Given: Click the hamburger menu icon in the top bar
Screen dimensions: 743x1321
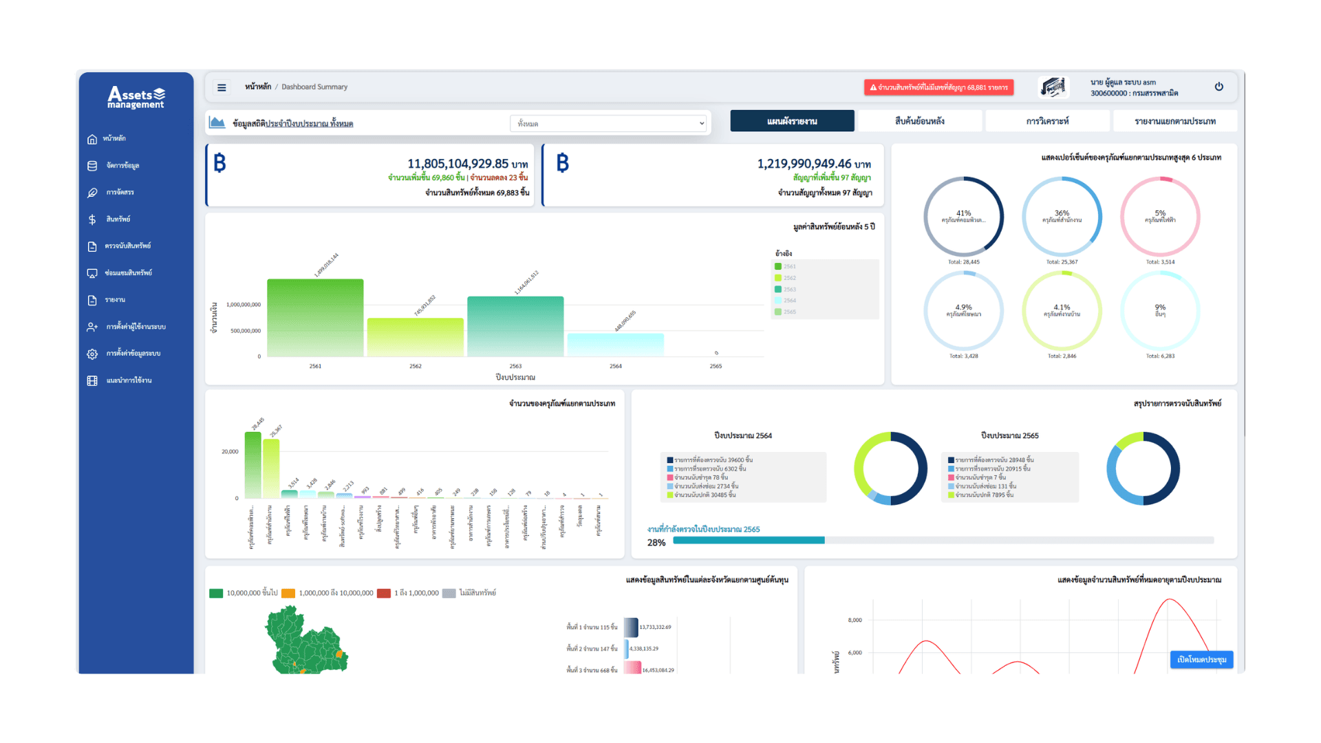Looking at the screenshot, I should (x=222, y=87).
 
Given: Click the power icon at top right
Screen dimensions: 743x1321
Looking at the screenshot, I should (x=1218, y=87).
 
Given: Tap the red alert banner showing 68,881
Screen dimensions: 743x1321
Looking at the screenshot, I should (x=938, y=87).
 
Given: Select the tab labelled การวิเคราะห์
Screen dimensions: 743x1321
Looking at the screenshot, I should (x=1047, y=121).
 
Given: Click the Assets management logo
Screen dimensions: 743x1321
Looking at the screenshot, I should (x=136, y=98).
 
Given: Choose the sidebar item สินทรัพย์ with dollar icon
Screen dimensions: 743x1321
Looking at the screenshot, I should (x=118, y=219).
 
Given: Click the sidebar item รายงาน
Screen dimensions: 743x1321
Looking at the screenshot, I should (x=115, y=300).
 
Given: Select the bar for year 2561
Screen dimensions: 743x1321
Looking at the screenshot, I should (x=315, y=317).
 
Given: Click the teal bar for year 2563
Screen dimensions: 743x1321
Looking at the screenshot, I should (x=515, y=326).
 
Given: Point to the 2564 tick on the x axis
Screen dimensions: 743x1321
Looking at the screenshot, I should (x=615, y=366).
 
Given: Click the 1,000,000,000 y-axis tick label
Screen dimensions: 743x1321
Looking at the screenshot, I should (x=244, y=305).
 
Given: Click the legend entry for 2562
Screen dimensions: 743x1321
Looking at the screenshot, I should (x=788, y=278).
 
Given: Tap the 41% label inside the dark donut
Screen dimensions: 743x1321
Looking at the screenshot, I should (x=963, y=213).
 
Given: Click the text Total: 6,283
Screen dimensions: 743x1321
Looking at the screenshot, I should (x=1160, y=356).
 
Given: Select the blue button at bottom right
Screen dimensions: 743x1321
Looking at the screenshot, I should (x=1201, y=659).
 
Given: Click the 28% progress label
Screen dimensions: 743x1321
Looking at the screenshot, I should (x=656, y=543).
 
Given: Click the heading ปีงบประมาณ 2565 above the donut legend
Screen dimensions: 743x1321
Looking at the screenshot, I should (x=1009, y=435).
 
